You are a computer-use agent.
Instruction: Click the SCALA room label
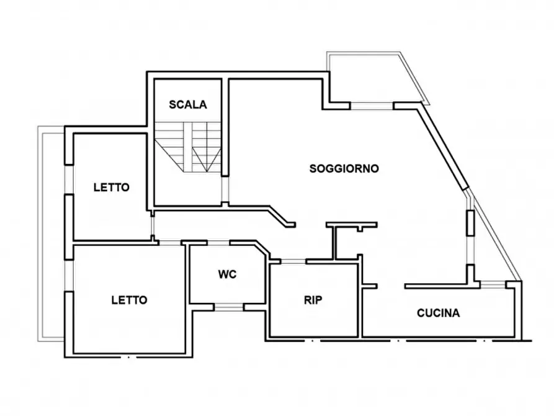tap(187, 105)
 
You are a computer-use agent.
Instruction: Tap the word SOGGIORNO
tap(344, 169)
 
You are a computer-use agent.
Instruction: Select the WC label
tap(227, 274)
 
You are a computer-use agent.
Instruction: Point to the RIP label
tap(313, 300)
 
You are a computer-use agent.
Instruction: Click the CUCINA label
tap(439, 313)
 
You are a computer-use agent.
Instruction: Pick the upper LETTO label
tap(112, 187)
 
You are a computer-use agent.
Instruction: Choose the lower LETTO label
tap(129, 300)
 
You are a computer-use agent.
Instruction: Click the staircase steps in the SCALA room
tap(187, 147)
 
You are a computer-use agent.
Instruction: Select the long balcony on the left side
tap(51, 233)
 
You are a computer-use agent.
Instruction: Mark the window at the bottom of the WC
tap(229, 307)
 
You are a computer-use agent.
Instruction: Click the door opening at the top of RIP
tap(293, 261)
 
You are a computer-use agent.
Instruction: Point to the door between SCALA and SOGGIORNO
tap(225, 189)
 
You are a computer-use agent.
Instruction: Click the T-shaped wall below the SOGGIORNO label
tap(352, 240)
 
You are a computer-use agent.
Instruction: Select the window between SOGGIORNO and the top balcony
tap(372, 106)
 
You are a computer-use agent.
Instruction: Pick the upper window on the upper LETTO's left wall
tap(69, 179)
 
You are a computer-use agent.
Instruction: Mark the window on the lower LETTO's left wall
tap(69, 276)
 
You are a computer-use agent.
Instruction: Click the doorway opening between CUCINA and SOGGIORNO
tap(391, 286)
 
